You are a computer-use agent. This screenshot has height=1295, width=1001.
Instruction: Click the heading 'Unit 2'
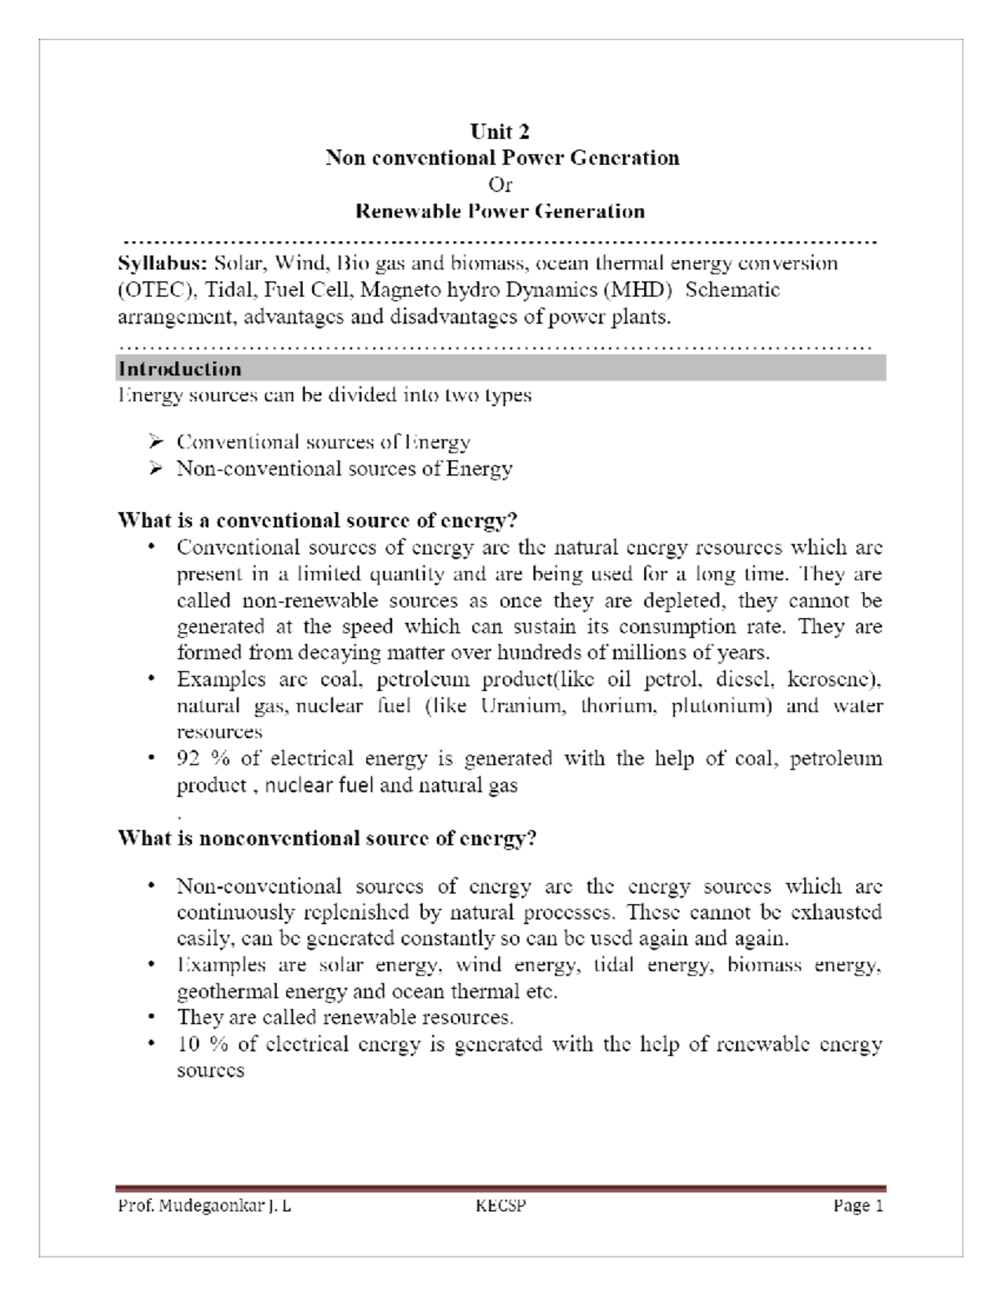click(x=500, y=132)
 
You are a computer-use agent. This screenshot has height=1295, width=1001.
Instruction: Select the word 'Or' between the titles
click(x=500, y=184)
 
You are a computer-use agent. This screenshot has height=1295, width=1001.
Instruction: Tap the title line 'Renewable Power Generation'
click(x=500, y=211)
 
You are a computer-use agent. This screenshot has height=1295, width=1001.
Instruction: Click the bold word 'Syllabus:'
click(x=162, y=264)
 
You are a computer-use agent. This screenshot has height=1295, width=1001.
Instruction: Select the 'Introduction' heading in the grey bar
click(x=180, y=369)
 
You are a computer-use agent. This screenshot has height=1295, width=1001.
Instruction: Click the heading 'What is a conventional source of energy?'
click(x=318, y=521)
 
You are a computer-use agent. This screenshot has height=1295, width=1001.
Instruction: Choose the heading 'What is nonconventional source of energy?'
click(x=327, y=838)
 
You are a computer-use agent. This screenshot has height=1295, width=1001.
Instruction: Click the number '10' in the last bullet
click(x=189, y=1044)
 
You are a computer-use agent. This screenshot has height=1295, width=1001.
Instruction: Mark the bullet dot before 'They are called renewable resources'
click(x=151, y=1017)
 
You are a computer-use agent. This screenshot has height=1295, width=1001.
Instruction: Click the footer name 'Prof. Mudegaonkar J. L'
click(x=204, y=1207)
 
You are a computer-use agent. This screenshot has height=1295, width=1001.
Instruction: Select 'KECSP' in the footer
click(x=500, y=1207)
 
